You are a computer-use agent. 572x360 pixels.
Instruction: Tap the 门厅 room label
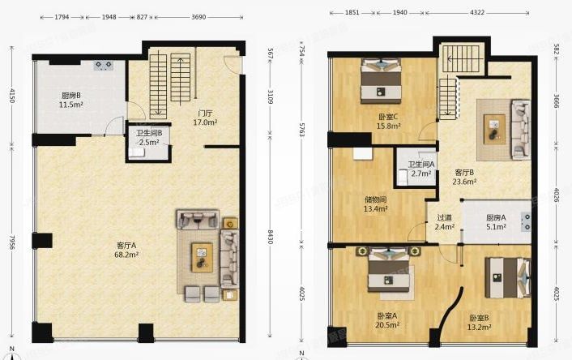(x=205, y=113)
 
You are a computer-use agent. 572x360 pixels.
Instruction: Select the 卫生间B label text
(x=150, y=133)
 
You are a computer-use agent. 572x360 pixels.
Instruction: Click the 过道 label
(x=444, y=217)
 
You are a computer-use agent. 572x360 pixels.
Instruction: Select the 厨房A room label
(x=496, y=217)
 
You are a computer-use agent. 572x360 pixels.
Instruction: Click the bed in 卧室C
(x=382, y=78)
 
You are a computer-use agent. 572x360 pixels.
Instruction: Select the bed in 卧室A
(x=390, y=272)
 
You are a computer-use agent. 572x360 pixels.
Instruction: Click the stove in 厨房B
(x=105, y=64)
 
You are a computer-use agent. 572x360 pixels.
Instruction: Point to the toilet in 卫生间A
(x=402, y=175)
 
